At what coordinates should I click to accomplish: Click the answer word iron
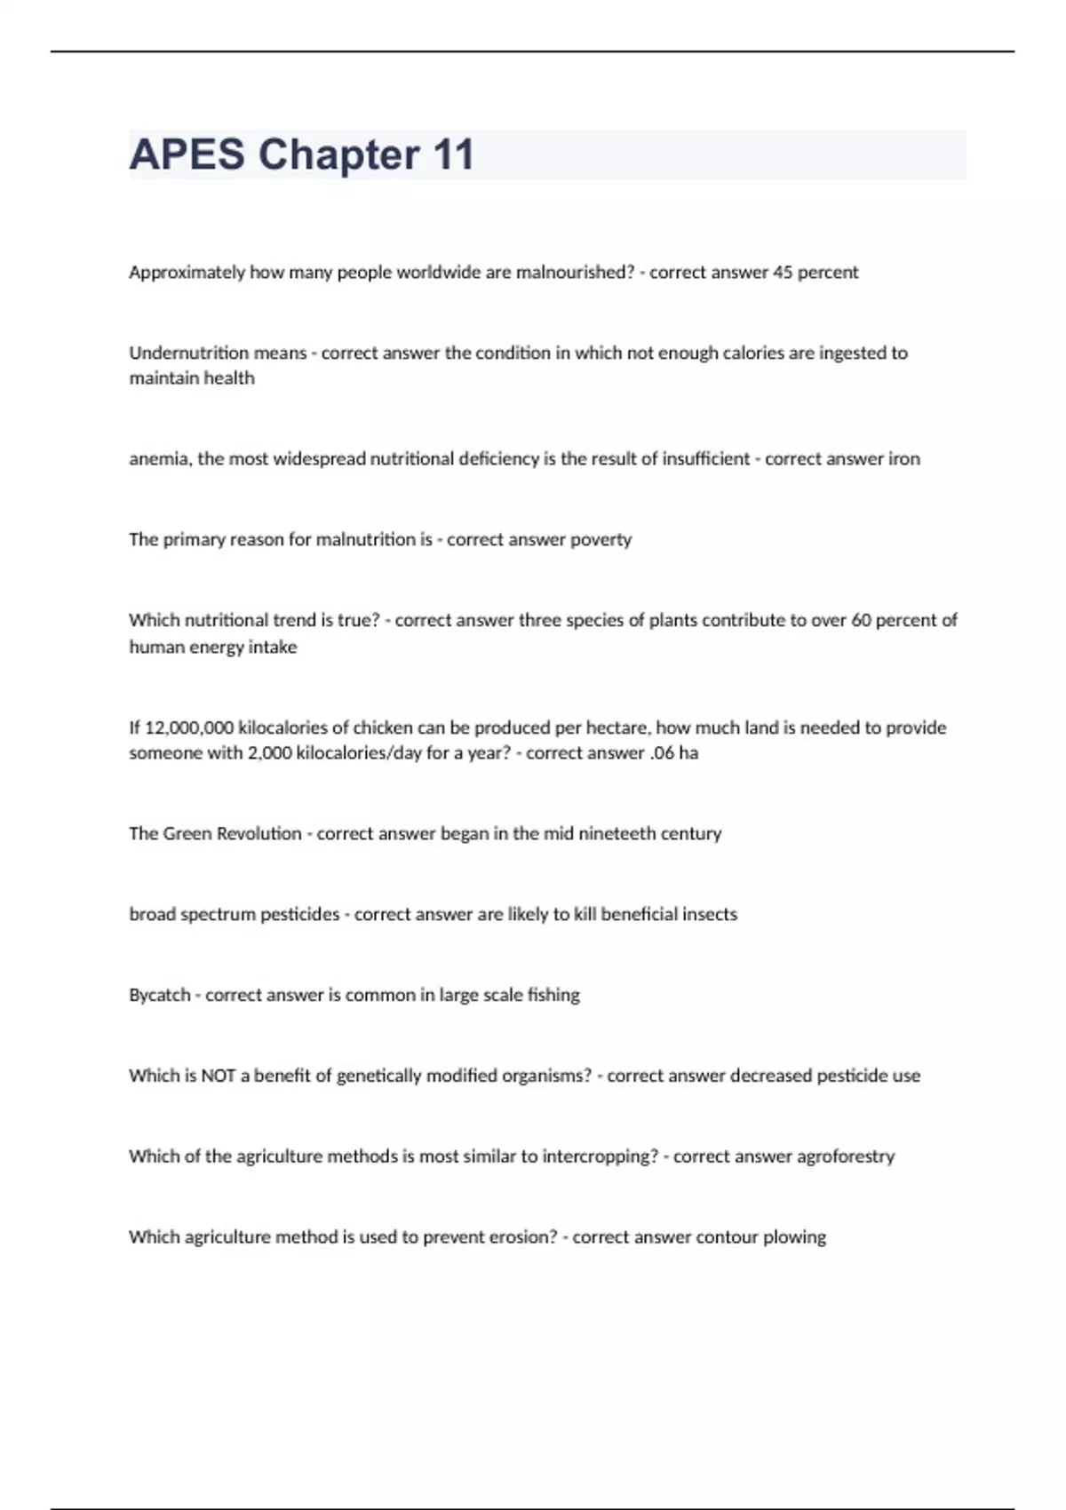904,459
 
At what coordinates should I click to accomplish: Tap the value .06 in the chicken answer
660,753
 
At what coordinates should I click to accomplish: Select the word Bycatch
160,995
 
